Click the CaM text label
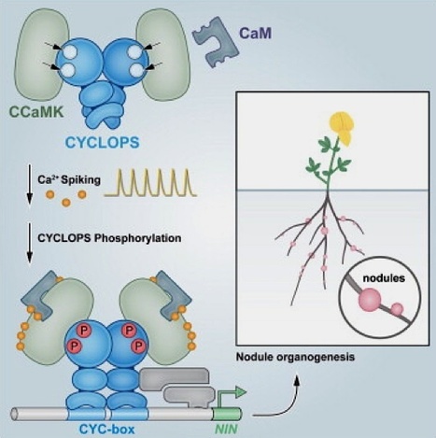pyautogui.click(x=255, y=34)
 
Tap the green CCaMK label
pyautogui.click(x=36, y=112)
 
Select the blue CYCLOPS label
pyautogui.click(x=103, y=143)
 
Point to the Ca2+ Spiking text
pyautogui.click(x=69, y=180)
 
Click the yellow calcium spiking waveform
pyautogui.click(x=150, y=183)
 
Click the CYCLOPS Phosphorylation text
pyautogui.click(x=109, y=238)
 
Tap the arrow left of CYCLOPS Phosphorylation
pyautogui.click(x=30, y=243)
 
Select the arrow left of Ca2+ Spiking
pyautogui.click(x=30, y=185)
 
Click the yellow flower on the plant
pyautogui.click(x=342, y=129)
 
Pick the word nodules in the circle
pyautogui.click(x=384, y=277)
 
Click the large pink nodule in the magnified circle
pyautogui.click(x=370, y=300)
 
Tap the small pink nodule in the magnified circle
pyautogui.click(x=397, y=309)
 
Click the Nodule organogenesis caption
pyautogui.click(x=295, y=357)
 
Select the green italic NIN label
pyautogui.click(x=226, y=430)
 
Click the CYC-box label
pyautogui.click(x=107, y=430)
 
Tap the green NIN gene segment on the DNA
pyautogui.click(x=227, y=415)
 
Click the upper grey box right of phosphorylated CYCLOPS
pyautogui.click(x=175, y=378)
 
